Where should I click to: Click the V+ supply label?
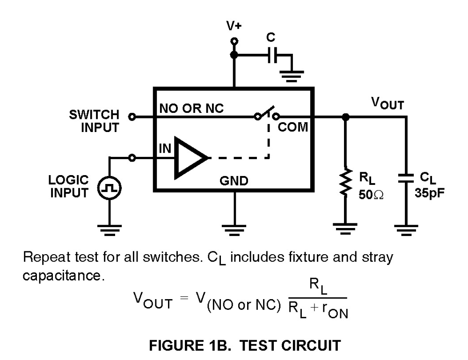click(x=234, y=26)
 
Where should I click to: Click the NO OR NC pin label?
click(x=191, y=108)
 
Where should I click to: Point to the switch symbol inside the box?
click(x=265, y=114)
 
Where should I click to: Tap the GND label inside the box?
click(x=234, y=181)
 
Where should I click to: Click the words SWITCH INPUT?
click(x=94, y=121)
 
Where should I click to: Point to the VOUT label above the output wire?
click(x=387, y=103)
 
